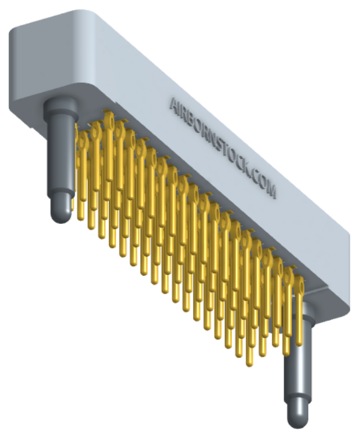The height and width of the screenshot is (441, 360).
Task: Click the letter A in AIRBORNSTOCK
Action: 175,105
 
